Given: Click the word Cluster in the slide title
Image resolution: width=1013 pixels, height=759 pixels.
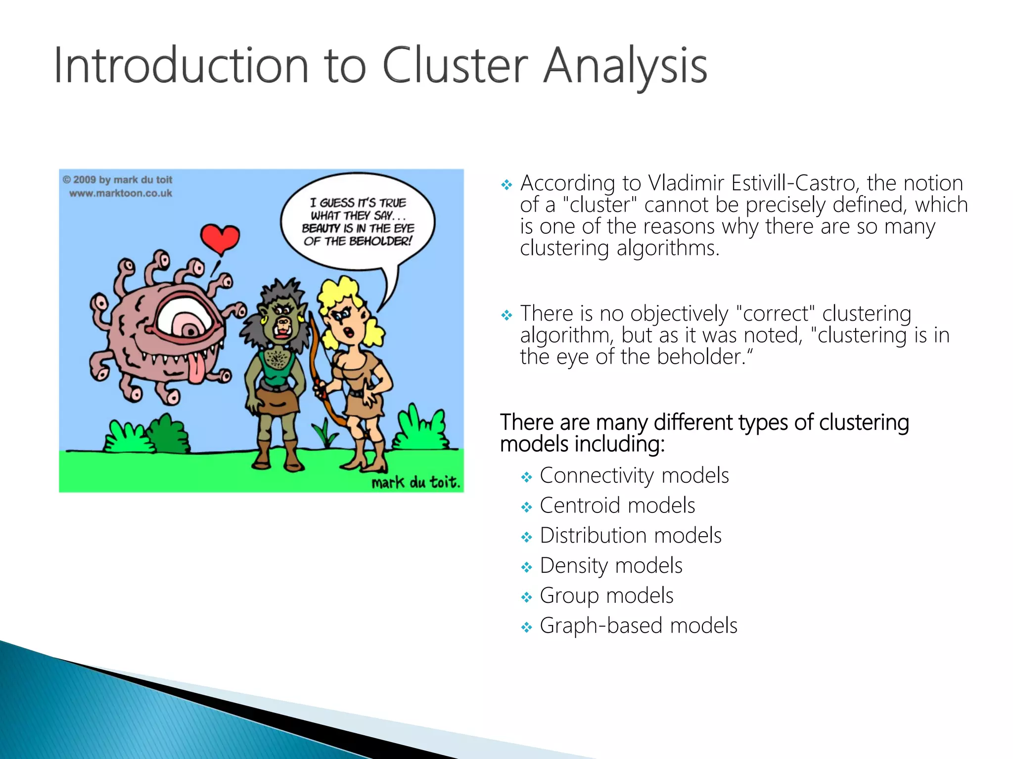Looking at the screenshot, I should pyautogui.click(x=455, y=66).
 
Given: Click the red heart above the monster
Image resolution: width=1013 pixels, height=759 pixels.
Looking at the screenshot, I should pyautogui.click(x=220, y=238).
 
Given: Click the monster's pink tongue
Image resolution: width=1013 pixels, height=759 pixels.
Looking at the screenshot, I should pyautogui.click(x=196, y=370).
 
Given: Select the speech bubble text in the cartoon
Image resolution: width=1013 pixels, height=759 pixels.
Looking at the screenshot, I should pyautogui.click(x=358, y=222).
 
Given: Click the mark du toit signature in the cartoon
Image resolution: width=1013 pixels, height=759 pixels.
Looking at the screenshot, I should pyautogui.click(x=415, y=482).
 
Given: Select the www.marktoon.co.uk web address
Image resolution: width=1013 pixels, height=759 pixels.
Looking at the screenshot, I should pyautogui.click(x=120, y=193).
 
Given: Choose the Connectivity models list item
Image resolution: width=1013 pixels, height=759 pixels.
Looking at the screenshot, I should pyautogui.click(x=634, y=475).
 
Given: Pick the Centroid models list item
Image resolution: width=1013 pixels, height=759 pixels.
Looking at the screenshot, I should pyautogui.click(x=617, y=506).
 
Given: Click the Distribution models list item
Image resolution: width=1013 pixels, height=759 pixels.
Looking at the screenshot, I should pyautogui.click(x=631, y=536).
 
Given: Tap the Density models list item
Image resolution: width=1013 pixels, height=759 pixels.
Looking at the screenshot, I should pyautogui.click(x=611, y=565).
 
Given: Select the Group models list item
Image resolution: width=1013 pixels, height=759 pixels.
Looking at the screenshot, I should pyautogui.click(x=606, y=595).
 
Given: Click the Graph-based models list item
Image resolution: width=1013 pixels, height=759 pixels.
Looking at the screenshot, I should pyautogui.click(x=638, y=626).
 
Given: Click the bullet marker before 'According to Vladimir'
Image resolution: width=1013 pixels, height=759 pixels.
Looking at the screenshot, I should pyautogui.click(x=506, y=185).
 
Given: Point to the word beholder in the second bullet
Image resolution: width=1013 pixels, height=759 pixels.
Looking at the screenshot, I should pyautogui.click(x=699, y=357).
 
